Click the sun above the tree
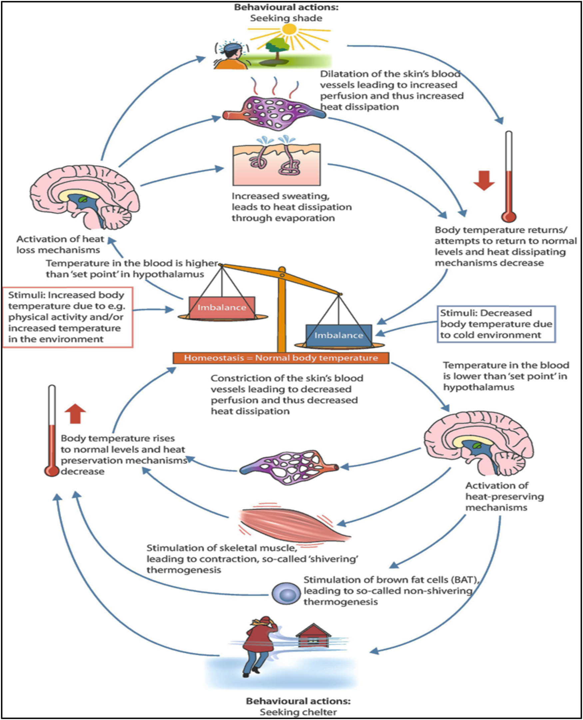[x=290, y=30]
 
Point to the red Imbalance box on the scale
[x=222, y=307]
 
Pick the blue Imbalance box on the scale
[x=338, y=335]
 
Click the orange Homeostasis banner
[x=281, y=358]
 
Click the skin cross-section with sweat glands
[x=277, y=164]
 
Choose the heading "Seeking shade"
[x=286, y=18]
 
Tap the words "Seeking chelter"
[x=298, y=712]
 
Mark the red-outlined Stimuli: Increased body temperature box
[x=68, y=317]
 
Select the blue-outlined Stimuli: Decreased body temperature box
[x=496, y=324]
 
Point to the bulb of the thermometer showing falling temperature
[x=509, y=216]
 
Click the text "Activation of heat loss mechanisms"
[x=60, y=244]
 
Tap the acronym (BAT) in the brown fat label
[x=465, y=580]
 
